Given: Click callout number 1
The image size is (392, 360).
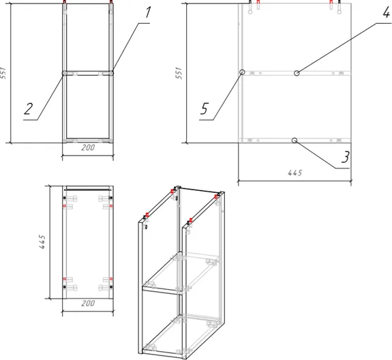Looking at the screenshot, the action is [148, 12].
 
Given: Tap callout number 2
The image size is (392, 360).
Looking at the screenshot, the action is [28, 109].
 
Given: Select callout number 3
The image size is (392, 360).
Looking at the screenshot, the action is [346, 157].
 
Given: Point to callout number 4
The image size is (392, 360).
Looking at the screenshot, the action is [387, 12].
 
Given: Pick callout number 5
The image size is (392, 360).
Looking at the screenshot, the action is [205, 109].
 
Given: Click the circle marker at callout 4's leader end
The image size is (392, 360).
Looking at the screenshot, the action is [297, 73].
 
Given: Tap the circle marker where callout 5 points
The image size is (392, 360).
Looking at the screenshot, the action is [242, 72].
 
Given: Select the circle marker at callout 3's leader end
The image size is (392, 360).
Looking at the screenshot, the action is [295, 140].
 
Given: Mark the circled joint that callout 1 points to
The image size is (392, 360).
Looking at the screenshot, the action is [111, 73].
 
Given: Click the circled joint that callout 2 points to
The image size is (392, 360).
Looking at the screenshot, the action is [64, 73].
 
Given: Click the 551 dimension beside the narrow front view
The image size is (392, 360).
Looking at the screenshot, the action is [3, 73].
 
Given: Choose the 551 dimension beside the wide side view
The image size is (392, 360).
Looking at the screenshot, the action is [179, 73].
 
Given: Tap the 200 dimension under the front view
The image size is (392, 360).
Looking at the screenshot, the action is [88, 147].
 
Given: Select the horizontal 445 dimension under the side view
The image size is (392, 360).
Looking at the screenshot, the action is [295, 172].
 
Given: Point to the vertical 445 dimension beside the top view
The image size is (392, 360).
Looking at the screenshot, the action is [42, 242].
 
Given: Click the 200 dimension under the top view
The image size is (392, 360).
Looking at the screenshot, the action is [88, 303].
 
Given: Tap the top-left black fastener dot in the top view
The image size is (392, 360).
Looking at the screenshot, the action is [65, 198].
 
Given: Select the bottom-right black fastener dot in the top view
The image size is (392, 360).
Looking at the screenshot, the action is [111, 287].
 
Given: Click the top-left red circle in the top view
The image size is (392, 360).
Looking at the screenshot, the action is [65, 206].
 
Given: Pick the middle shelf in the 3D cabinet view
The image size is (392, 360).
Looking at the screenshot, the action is [181, 273].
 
